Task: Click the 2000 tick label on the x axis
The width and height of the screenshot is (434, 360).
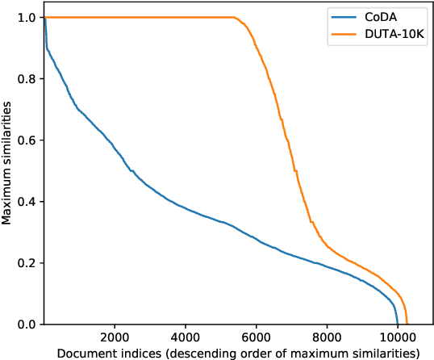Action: (115, 337)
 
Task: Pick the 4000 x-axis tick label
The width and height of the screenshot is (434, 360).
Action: (186, 337)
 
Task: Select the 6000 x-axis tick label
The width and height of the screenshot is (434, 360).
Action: (256, 337)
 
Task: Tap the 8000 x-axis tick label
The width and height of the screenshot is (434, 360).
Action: (327, 337)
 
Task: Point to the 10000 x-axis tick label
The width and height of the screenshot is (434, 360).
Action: (397, 337)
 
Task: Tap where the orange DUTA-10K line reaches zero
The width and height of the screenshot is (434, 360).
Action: (407, 324)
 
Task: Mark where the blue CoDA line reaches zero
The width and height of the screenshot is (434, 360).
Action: (398, 324)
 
